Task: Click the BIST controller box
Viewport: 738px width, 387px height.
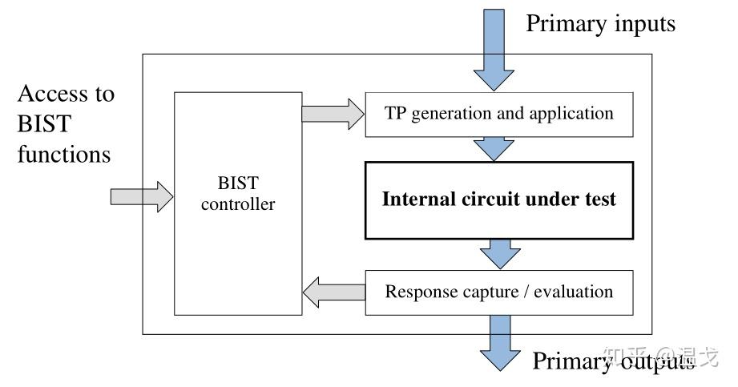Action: pyautogui.click(x=237, y=204)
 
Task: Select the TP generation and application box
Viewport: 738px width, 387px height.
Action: pyautogui.click(x=498, y=114)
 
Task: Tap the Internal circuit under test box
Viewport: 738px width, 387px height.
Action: pyautogui.click(x=498, y=200)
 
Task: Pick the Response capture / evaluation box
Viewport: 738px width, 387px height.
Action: pyautogui.click(x=498, y=292)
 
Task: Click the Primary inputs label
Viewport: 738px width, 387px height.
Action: pyautogui.click(x=600, y=24)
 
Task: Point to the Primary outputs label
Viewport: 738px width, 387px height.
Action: pyautogui.click(x=613, y=361)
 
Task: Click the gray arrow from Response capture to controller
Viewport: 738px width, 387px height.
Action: pyautogui.click(x=333, y=292)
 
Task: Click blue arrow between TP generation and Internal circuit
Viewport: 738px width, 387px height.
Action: pyautogui.click(x=494, y=148)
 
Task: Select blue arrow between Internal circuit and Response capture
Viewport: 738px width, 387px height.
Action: pyautogui.click(x=499, y=254)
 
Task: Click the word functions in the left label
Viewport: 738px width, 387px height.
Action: pyautogui.click(x=64, y=153)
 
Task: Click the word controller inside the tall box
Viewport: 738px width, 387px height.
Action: pyautogui.click(x=237, y=204)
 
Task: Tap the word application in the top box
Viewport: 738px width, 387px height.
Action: pyautogui.click(x=567, y=113)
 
